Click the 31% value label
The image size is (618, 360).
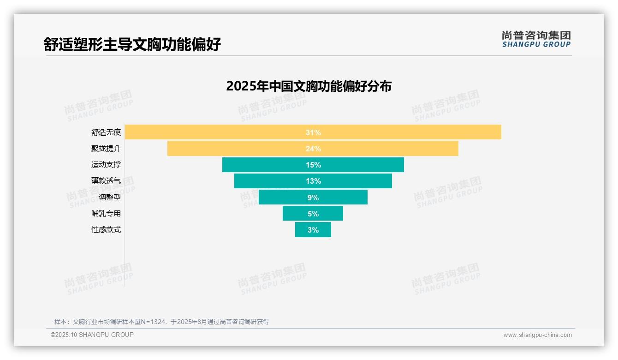point(313,132)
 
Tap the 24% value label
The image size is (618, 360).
point(313,149)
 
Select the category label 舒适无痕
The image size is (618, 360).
point(106,132)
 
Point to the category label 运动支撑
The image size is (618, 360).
point(106,165)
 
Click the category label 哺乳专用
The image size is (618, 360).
point(106,213)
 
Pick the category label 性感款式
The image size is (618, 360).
point(106,229)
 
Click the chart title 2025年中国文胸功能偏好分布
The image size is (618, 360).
point(309,86)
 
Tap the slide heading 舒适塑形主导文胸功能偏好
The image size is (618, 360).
point(132,44)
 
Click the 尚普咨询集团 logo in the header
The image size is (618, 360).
point(536,39)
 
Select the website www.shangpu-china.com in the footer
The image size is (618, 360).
point(537,335)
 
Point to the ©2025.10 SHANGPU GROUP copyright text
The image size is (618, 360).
point(92,335)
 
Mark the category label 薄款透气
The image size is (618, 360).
point(106,181)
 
